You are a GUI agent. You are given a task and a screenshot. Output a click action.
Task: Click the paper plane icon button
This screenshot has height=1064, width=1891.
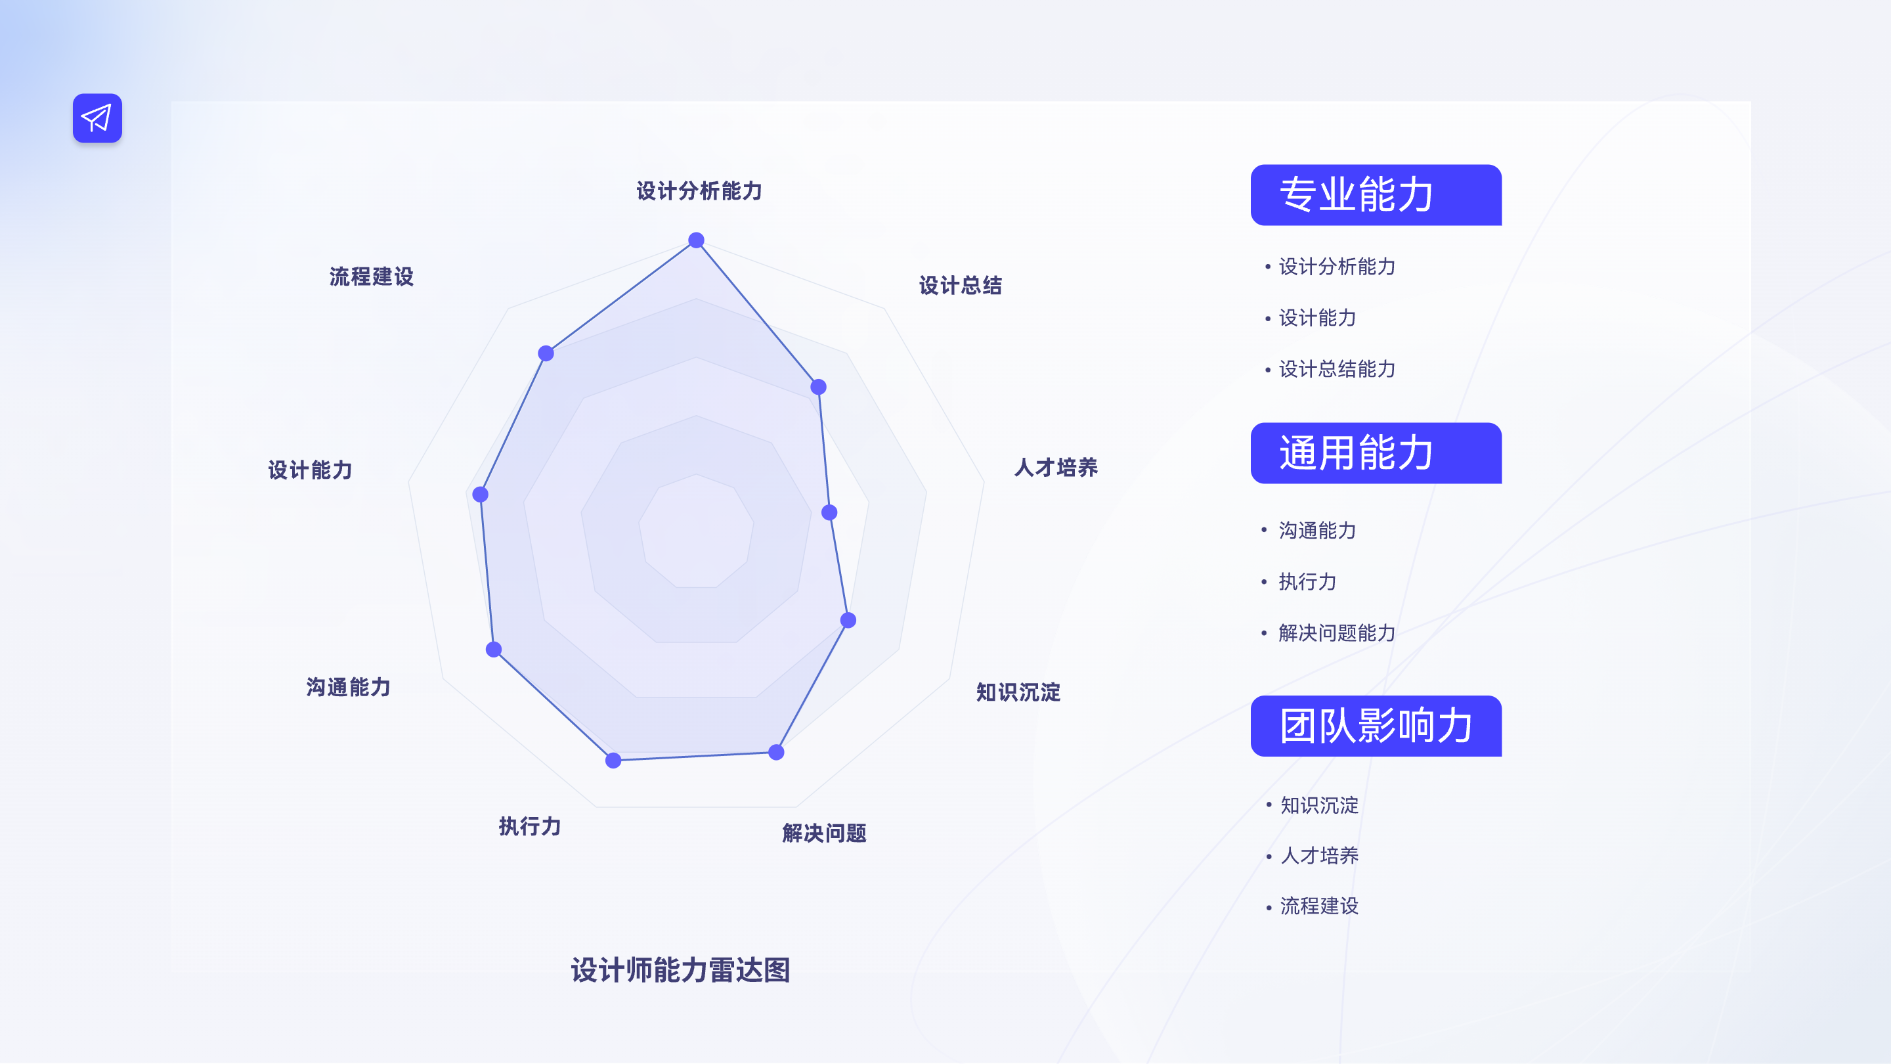97,118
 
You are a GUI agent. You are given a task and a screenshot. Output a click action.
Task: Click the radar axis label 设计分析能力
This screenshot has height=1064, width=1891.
698,191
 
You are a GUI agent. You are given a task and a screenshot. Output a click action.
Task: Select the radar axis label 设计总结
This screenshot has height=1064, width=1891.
959,286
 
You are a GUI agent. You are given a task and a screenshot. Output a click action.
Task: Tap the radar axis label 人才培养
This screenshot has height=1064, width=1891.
1055,468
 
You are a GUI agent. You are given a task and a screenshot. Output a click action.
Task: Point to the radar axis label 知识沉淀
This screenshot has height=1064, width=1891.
1018,692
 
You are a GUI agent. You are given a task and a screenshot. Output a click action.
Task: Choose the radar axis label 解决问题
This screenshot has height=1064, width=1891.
823,833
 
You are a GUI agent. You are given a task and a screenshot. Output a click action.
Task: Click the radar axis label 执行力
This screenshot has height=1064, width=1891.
529,826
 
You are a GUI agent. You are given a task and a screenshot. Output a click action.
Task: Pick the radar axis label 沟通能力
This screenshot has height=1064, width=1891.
348,687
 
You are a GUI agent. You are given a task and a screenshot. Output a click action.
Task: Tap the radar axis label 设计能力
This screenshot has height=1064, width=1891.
310,470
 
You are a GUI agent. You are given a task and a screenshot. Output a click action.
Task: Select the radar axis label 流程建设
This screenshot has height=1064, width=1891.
372,277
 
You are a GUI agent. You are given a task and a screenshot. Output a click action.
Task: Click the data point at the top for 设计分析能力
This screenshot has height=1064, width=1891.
696,240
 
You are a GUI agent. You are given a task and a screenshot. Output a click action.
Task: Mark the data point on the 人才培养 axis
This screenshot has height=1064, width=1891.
829,512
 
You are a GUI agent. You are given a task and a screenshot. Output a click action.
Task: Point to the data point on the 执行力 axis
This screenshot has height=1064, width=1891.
613,761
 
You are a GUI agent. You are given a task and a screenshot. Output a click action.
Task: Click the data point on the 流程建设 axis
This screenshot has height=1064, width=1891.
546,353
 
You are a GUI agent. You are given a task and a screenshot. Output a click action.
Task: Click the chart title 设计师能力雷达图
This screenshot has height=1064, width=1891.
680,970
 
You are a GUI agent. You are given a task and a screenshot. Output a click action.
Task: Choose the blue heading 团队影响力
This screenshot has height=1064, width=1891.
1375,726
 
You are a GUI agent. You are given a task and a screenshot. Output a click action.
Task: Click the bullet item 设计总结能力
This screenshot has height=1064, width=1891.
1336,368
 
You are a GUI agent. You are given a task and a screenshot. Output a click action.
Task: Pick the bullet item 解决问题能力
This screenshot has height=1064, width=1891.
1336,633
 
